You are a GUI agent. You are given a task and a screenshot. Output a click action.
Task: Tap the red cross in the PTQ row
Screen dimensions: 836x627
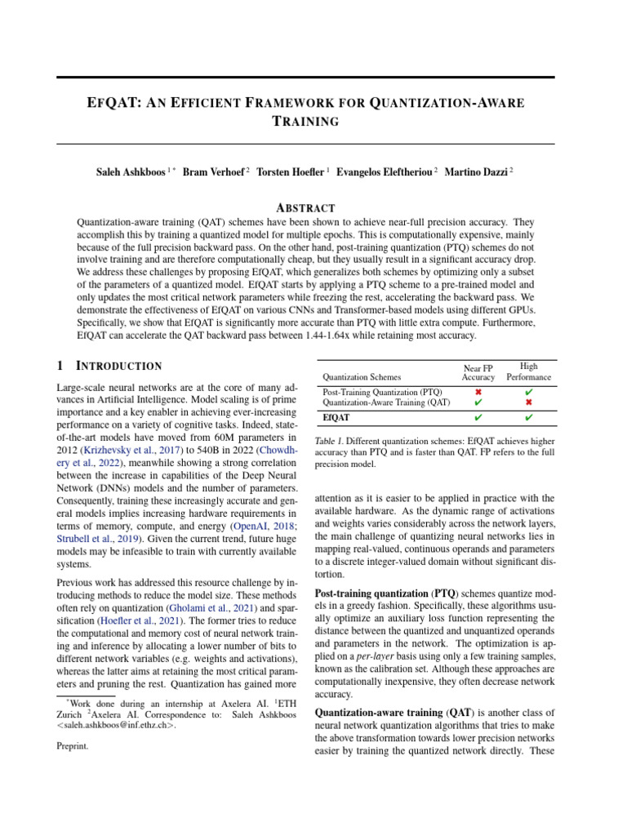(478, 393)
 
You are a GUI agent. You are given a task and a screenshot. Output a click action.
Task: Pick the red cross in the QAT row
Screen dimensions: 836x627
(529, 403)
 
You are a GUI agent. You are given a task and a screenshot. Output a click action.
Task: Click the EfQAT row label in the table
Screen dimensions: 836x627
(336, 418)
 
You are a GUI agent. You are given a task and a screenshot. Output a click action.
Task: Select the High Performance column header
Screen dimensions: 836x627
(528, 372)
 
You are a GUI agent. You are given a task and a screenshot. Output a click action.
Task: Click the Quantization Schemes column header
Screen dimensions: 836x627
(362, 377)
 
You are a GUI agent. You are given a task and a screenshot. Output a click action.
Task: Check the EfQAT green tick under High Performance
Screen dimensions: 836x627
(529, 418)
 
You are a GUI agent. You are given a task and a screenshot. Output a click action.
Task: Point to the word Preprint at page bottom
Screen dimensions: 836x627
(73, 745)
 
